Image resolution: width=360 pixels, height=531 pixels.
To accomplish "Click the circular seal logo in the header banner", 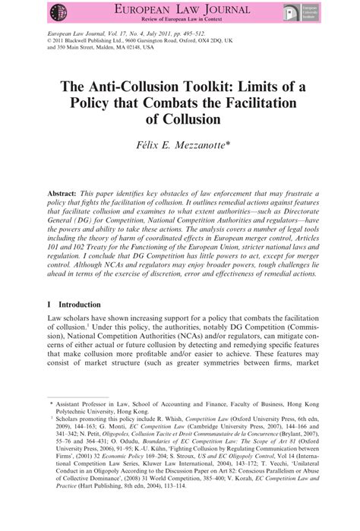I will tap(57, 13).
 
